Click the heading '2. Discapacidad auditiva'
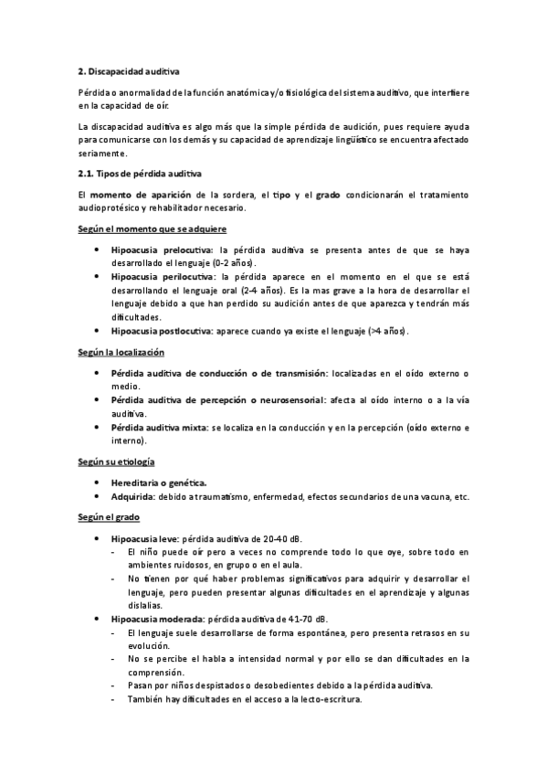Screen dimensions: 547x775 (129, 70)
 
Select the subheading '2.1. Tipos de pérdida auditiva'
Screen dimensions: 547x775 (141, 173)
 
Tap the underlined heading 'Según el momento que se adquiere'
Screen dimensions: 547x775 (153, 228)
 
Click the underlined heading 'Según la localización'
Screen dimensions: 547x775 (121, 352)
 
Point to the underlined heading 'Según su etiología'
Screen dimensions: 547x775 (116, 462)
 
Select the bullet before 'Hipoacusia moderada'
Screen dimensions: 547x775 (98, 619)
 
